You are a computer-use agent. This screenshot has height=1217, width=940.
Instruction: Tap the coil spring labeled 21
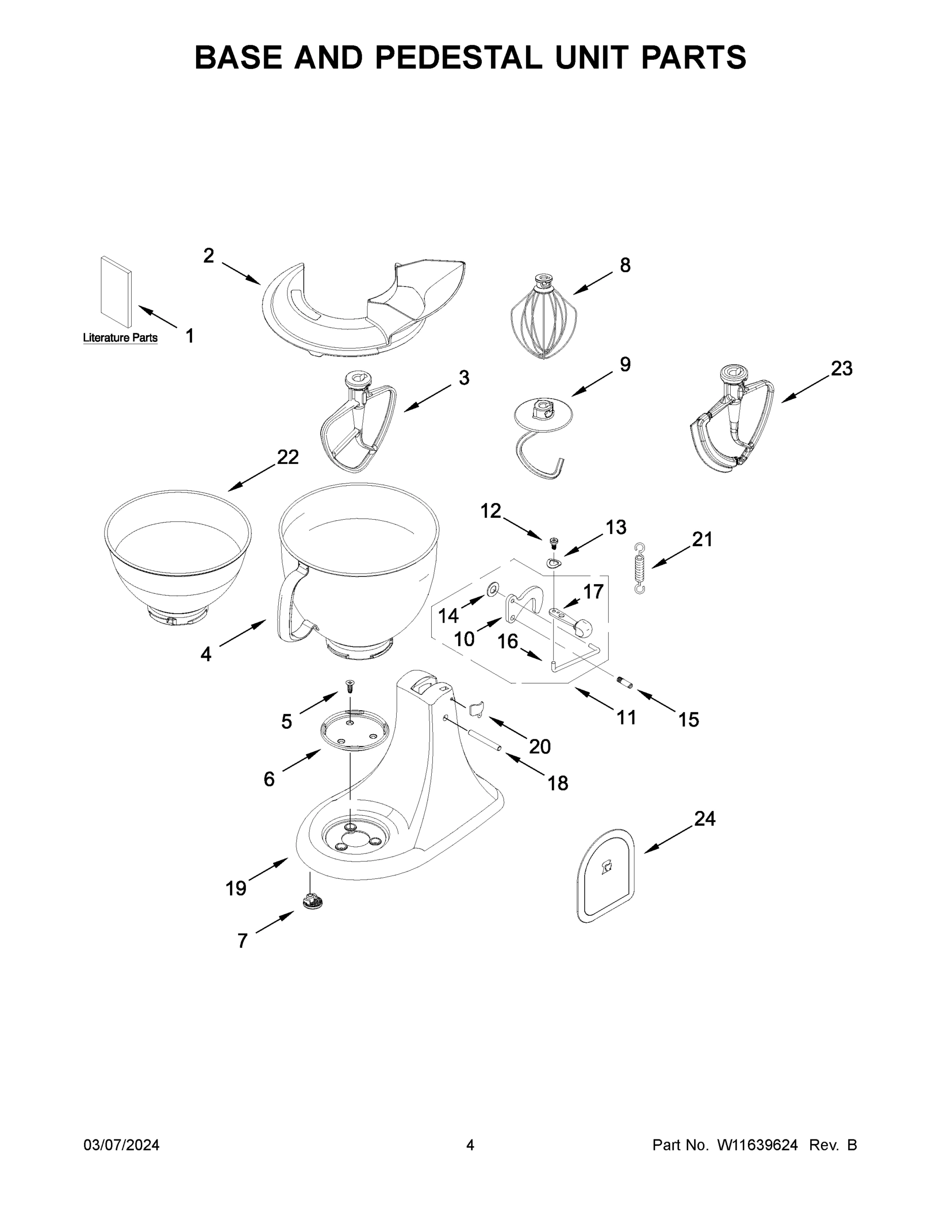tap(641, 568)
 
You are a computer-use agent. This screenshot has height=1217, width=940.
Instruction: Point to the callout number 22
tap(288, 457)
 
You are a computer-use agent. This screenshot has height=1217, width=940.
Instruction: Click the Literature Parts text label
tap(120, 338)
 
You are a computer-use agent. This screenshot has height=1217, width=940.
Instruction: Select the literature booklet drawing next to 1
tap(117, 292)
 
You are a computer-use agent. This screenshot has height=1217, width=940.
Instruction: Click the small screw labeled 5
tap(350, 686)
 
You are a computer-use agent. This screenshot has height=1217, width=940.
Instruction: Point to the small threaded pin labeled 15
tap(624, 681)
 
